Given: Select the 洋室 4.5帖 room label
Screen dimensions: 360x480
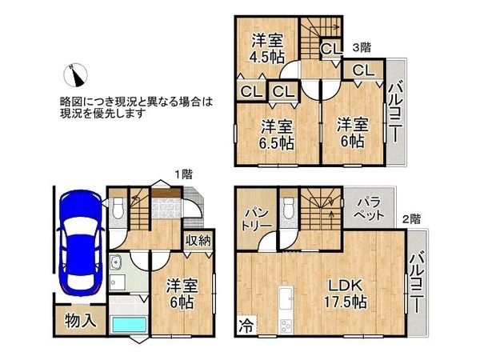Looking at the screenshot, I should (x=266, y=48).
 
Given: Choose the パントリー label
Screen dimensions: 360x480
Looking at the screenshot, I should (x=256, y=218).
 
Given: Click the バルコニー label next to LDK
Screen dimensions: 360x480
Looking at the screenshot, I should (x=418, y=282).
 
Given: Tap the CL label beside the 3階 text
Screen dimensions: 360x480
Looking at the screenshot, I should (x=330, y=50).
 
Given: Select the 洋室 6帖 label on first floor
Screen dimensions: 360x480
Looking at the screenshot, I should (x=183, y=294).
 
